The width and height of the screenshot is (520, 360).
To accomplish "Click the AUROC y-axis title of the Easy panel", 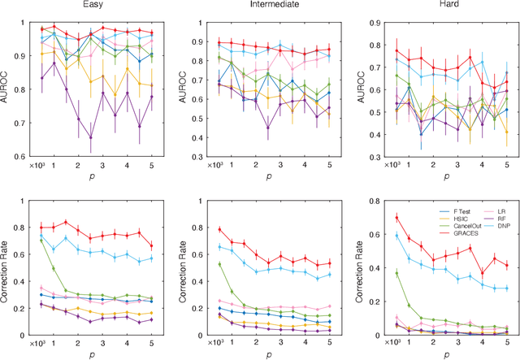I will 7,87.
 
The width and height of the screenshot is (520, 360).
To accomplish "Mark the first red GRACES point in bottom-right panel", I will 396,217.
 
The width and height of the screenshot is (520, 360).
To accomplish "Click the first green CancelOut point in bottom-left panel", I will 41,241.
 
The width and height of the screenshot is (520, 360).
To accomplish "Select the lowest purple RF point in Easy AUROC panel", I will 90,137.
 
